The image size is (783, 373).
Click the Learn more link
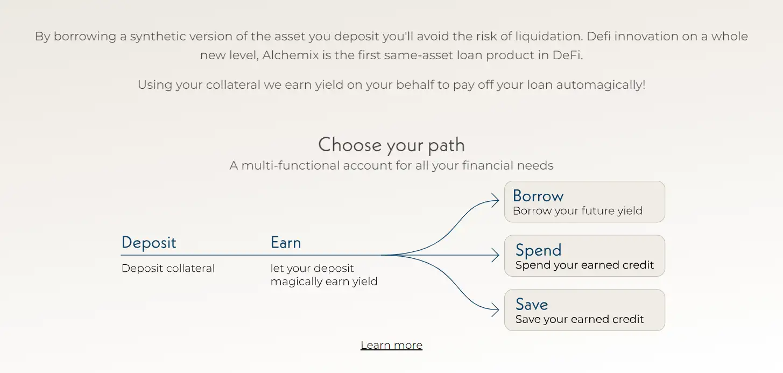[392, 346]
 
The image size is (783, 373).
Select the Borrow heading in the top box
[538, 196]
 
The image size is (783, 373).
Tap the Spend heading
[538, 250]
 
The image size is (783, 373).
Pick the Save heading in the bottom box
[532, 304]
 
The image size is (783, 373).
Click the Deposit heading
[149, 243]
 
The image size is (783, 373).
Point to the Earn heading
[286, 243]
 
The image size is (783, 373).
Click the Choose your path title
[392, 145]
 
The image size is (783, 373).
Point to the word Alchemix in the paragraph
[291, 55]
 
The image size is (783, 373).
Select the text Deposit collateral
[168, 269]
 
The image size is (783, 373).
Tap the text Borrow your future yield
[577, 211]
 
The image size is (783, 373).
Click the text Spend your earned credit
[584, 265]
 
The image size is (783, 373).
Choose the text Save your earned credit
[580, 319]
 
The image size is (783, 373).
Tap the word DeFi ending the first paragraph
[567, 55]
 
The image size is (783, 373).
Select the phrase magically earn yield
[324, 281]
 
